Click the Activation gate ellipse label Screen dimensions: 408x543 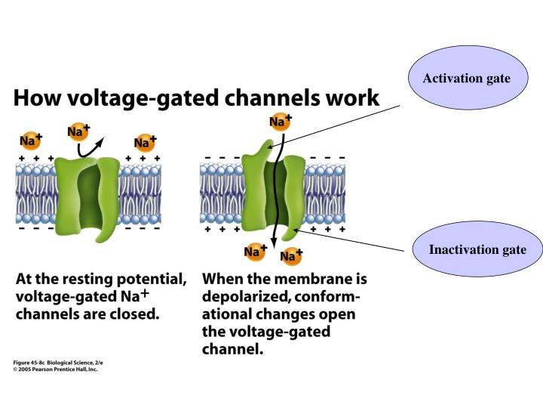(466, 79)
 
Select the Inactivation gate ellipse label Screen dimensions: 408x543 (477, 249)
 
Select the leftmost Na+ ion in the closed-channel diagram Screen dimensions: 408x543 (30, 141)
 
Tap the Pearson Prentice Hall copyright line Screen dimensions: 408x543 (54, 369)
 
